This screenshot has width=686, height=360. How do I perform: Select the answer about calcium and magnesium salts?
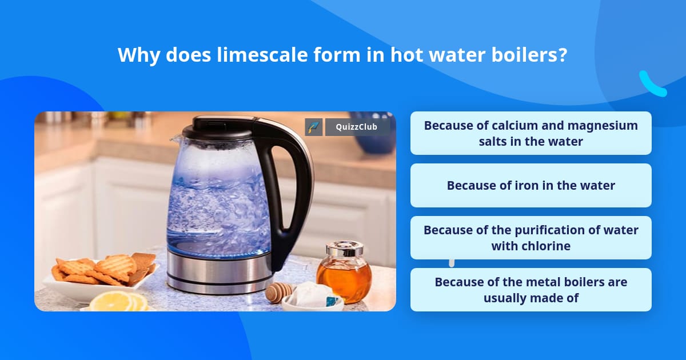pos(531,133)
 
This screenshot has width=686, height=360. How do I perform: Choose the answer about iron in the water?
pos(531,185)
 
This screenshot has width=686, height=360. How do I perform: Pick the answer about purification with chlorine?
pos(531,238)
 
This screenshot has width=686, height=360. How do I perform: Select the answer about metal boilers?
pos(531,290)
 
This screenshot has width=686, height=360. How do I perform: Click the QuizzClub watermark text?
pos(357,127)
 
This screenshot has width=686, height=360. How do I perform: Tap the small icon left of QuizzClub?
pos(314,127)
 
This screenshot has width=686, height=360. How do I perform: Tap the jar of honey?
pos(344,274)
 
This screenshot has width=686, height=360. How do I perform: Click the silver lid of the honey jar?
pos(344,249)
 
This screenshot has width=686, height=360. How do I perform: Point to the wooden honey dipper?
pos(280,292)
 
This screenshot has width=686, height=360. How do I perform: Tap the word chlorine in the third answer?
pos(531,246)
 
